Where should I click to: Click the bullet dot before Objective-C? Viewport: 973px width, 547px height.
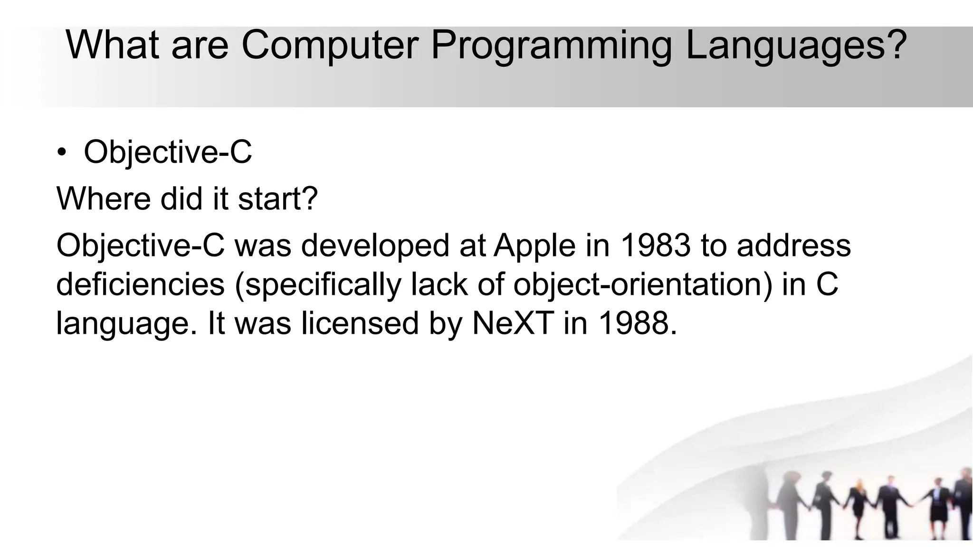point(61,153)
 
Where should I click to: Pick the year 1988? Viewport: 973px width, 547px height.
point(637,323)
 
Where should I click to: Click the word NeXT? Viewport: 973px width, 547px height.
point(513,323)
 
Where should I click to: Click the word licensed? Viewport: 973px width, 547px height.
point(361,323)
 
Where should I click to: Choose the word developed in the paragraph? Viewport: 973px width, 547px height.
point(375,246)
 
